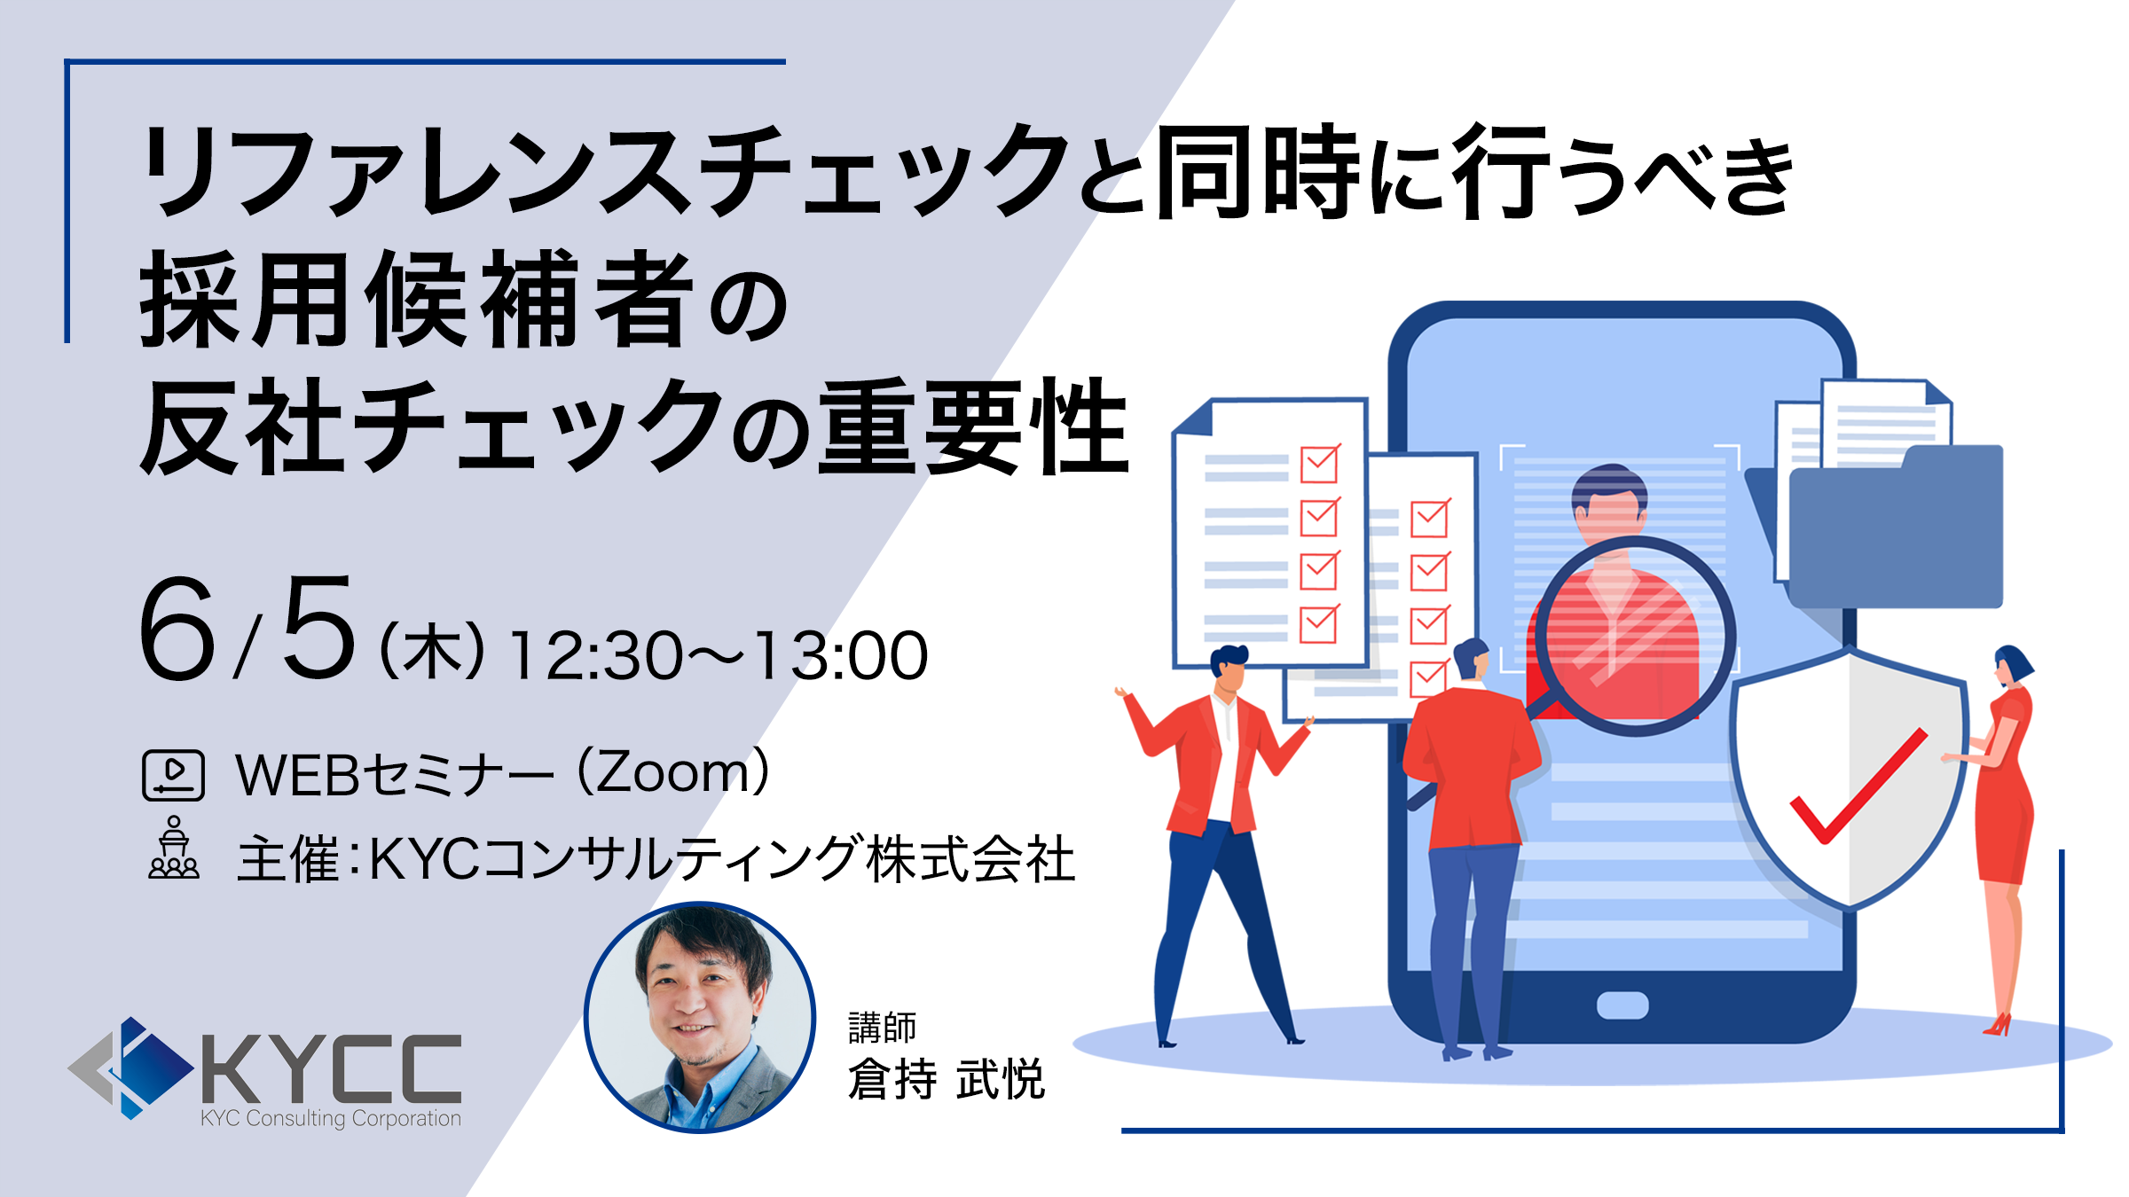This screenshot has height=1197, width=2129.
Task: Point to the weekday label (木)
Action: [x=432, y=652]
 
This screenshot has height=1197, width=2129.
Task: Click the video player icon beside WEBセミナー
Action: [x=174, y=775]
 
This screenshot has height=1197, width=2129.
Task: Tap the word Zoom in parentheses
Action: [x=673, y=772]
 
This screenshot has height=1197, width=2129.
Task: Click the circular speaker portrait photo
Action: [x=699, y=1017]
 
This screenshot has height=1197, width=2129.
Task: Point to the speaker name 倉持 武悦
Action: [x=947, y=1079]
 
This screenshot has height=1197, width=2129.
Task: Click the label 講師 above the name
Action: [x=882, y=1028]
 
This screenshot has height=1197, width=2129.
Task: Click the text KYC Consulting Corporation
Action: [x=331, y=1118]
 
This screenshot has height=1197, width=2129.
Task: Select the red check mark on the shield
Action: [x=1858, y=786]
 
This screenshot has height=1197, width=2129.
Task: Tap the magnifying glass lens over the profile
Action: [x=1635, y=635]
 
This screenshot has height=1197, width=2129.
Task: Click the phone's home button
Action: [x=1622, y=1005]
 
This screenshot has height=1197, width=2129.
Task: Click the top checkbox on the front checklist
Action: [x=1320, y=463]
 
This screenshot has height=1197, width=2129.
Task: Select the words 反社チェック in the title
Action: [x=435, y=426]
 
